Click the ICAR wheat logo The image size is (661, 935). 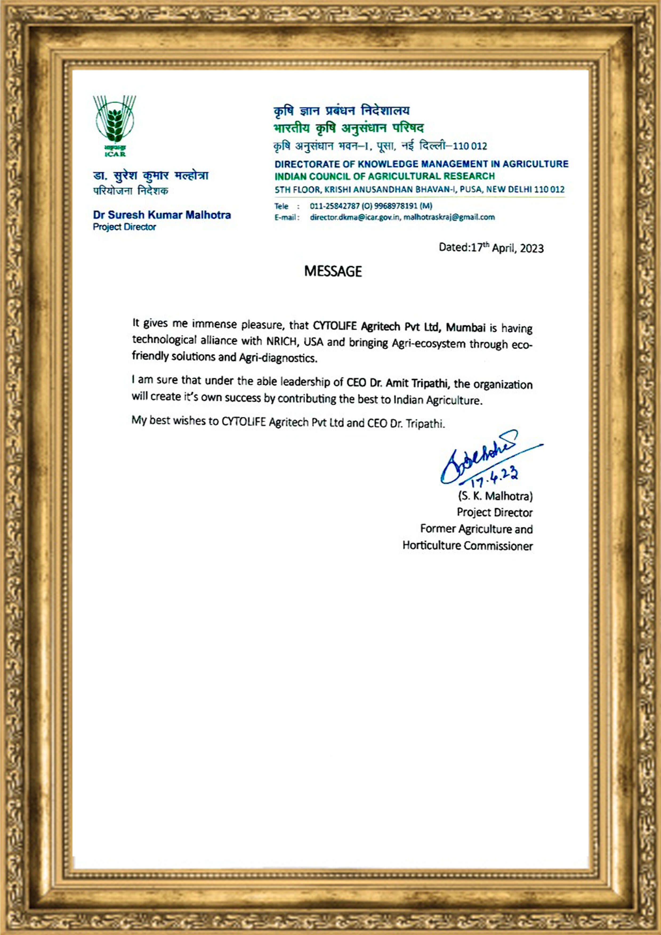click(114, 124)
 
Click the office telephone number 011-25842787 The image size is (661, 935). click(334, 206)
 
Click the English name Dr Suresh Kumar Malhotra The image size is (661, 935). click(162, 215)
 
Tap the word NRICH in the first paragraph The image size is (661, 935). click(281, 341)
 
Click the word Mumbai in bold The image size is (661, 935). click(466, 327)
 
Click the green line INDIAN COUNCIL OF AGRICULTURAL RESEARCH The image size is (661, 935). click(384, 176)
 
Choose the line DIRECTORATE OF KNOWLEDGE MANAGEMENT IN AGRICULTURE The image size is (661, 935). click(421, 164)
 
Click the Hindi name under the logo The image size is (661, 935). click(151, 176)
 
